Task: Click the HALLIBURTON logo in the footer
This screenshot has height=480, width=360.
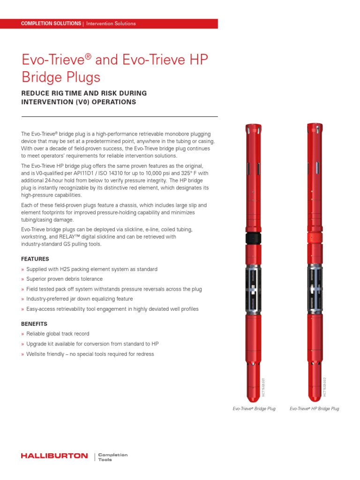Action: click(x=54, y=456)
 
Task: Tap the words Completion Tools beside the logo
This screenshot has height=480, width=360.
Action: click(x=112, y=457)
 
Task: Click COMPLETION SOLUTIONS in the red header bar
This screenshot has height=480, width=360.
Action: click(x=51, y=23)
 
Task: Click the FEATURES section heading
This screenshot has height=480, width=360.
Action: click(x=35, y=259)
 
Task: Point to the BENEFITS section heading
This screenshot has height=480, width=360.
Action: click(x=34, y=324)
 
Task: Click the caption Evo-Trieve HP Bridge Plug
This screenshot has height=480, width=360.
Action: click(x=314, y=409)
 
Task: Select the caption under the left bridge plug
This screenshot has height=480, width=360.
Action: click(x=254, y=409)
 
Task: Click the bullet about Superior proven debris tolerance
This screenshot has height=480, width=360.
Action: click(x=64, y=279)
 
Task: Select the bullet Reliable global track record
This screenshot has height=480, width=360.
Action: click(x=58, y=334)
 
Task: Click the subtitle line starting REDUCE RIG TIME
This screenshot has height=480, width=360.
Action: click(x=84, y=93)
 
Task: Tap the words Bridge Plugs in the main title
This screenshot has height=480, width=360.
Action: click(x=61, y=76)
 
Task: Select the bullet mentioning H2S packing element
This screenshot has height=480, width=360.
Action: click(x=91, y=269)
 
